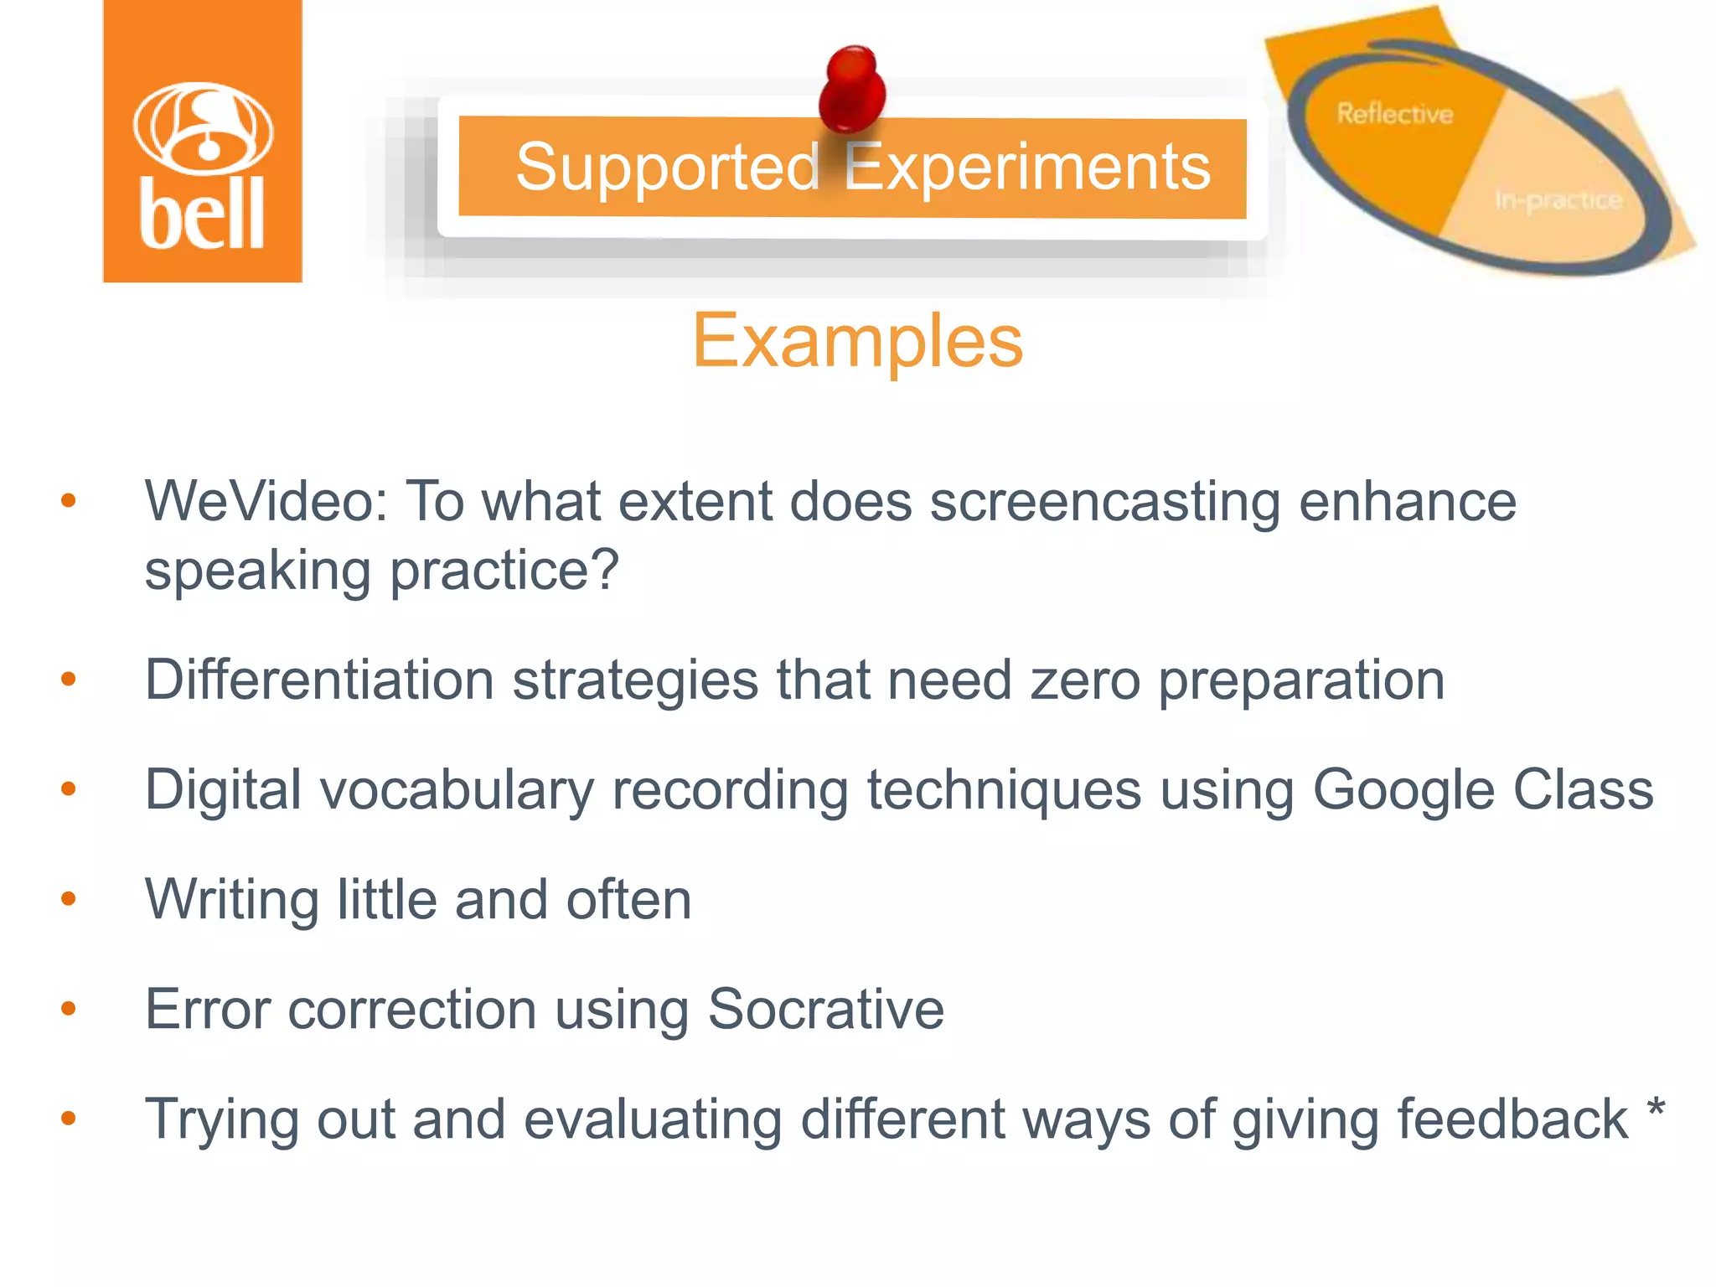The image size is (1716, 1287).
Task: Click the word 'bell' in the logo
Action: pos(202,214)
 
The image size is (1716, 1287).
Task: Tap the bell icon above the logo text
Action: pos(202,127)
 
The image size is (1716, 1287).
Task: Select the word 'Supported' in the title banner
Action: pos(667,168)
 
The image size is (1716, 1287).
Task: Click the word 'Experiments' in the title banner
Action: pos(1027,168)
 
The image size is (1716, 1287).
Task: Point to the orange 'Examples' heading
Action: pos(857,341)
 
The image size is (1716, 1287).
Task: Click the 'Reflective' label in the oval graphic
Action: pos(1394,113)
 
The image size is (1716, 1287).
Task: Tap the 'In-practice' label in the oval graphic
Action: pos(1558,200)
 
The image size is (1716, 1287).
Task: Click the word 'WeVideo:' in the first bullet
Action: pos(266,502)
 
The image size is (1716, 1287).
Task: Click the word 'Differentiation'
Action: pos(319,680)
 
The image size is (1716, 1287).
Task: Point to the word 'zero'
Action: pos(1085,680)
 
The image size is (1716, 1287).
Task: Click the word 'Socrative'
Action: pos(825,1009)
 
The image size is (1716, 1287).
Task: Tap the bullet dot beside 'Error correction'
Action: pos(69,1009)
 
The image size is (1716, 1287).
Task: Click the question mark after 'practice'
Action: pos(603,570)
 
